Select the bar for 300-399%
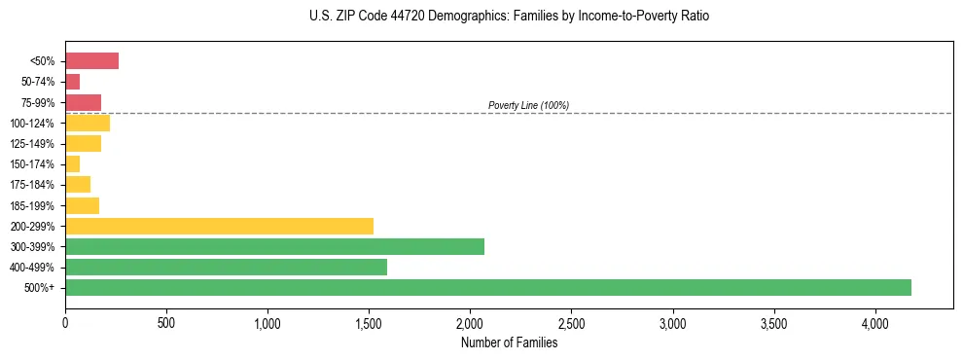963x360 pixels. click(x=274, y=246)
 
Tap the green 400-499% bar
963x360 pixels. click(x=226, y=267)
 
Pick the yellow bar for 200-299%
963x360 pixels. click(x=219, y=226)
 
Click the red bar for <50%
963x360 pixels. click(x=91, y=61)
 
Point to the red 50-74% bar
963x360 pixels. click(x=73, y=82)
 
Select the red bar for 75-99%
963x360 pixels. click(x=83, y=102)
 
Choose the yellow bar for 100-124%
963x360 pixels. click(x=88, y=123)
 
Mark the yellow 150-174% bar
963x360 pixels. click(x=73, y=163)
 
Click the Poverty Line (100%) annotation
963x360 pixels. click(x=528, y=105)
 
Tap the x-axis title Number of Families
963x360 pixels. click(x=509, y=342)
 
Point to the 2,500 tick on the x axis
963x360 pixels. click(x=571, y=322)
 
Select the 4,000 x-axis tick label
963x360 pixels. click(x=874, y=322)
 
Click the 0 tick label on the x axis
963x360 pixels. click(x=65, y=322)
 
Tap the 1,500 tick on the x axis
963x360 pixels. click(x=369, y=322)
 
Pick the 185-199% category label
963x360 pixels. click(x=33, y=205)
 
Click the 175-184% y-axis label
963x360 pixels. click(x=33, y=185)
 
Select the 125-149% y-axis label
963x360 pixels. click(x=33, y=144)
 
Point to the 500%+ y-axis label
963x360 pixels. click(x=40, y=288)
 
